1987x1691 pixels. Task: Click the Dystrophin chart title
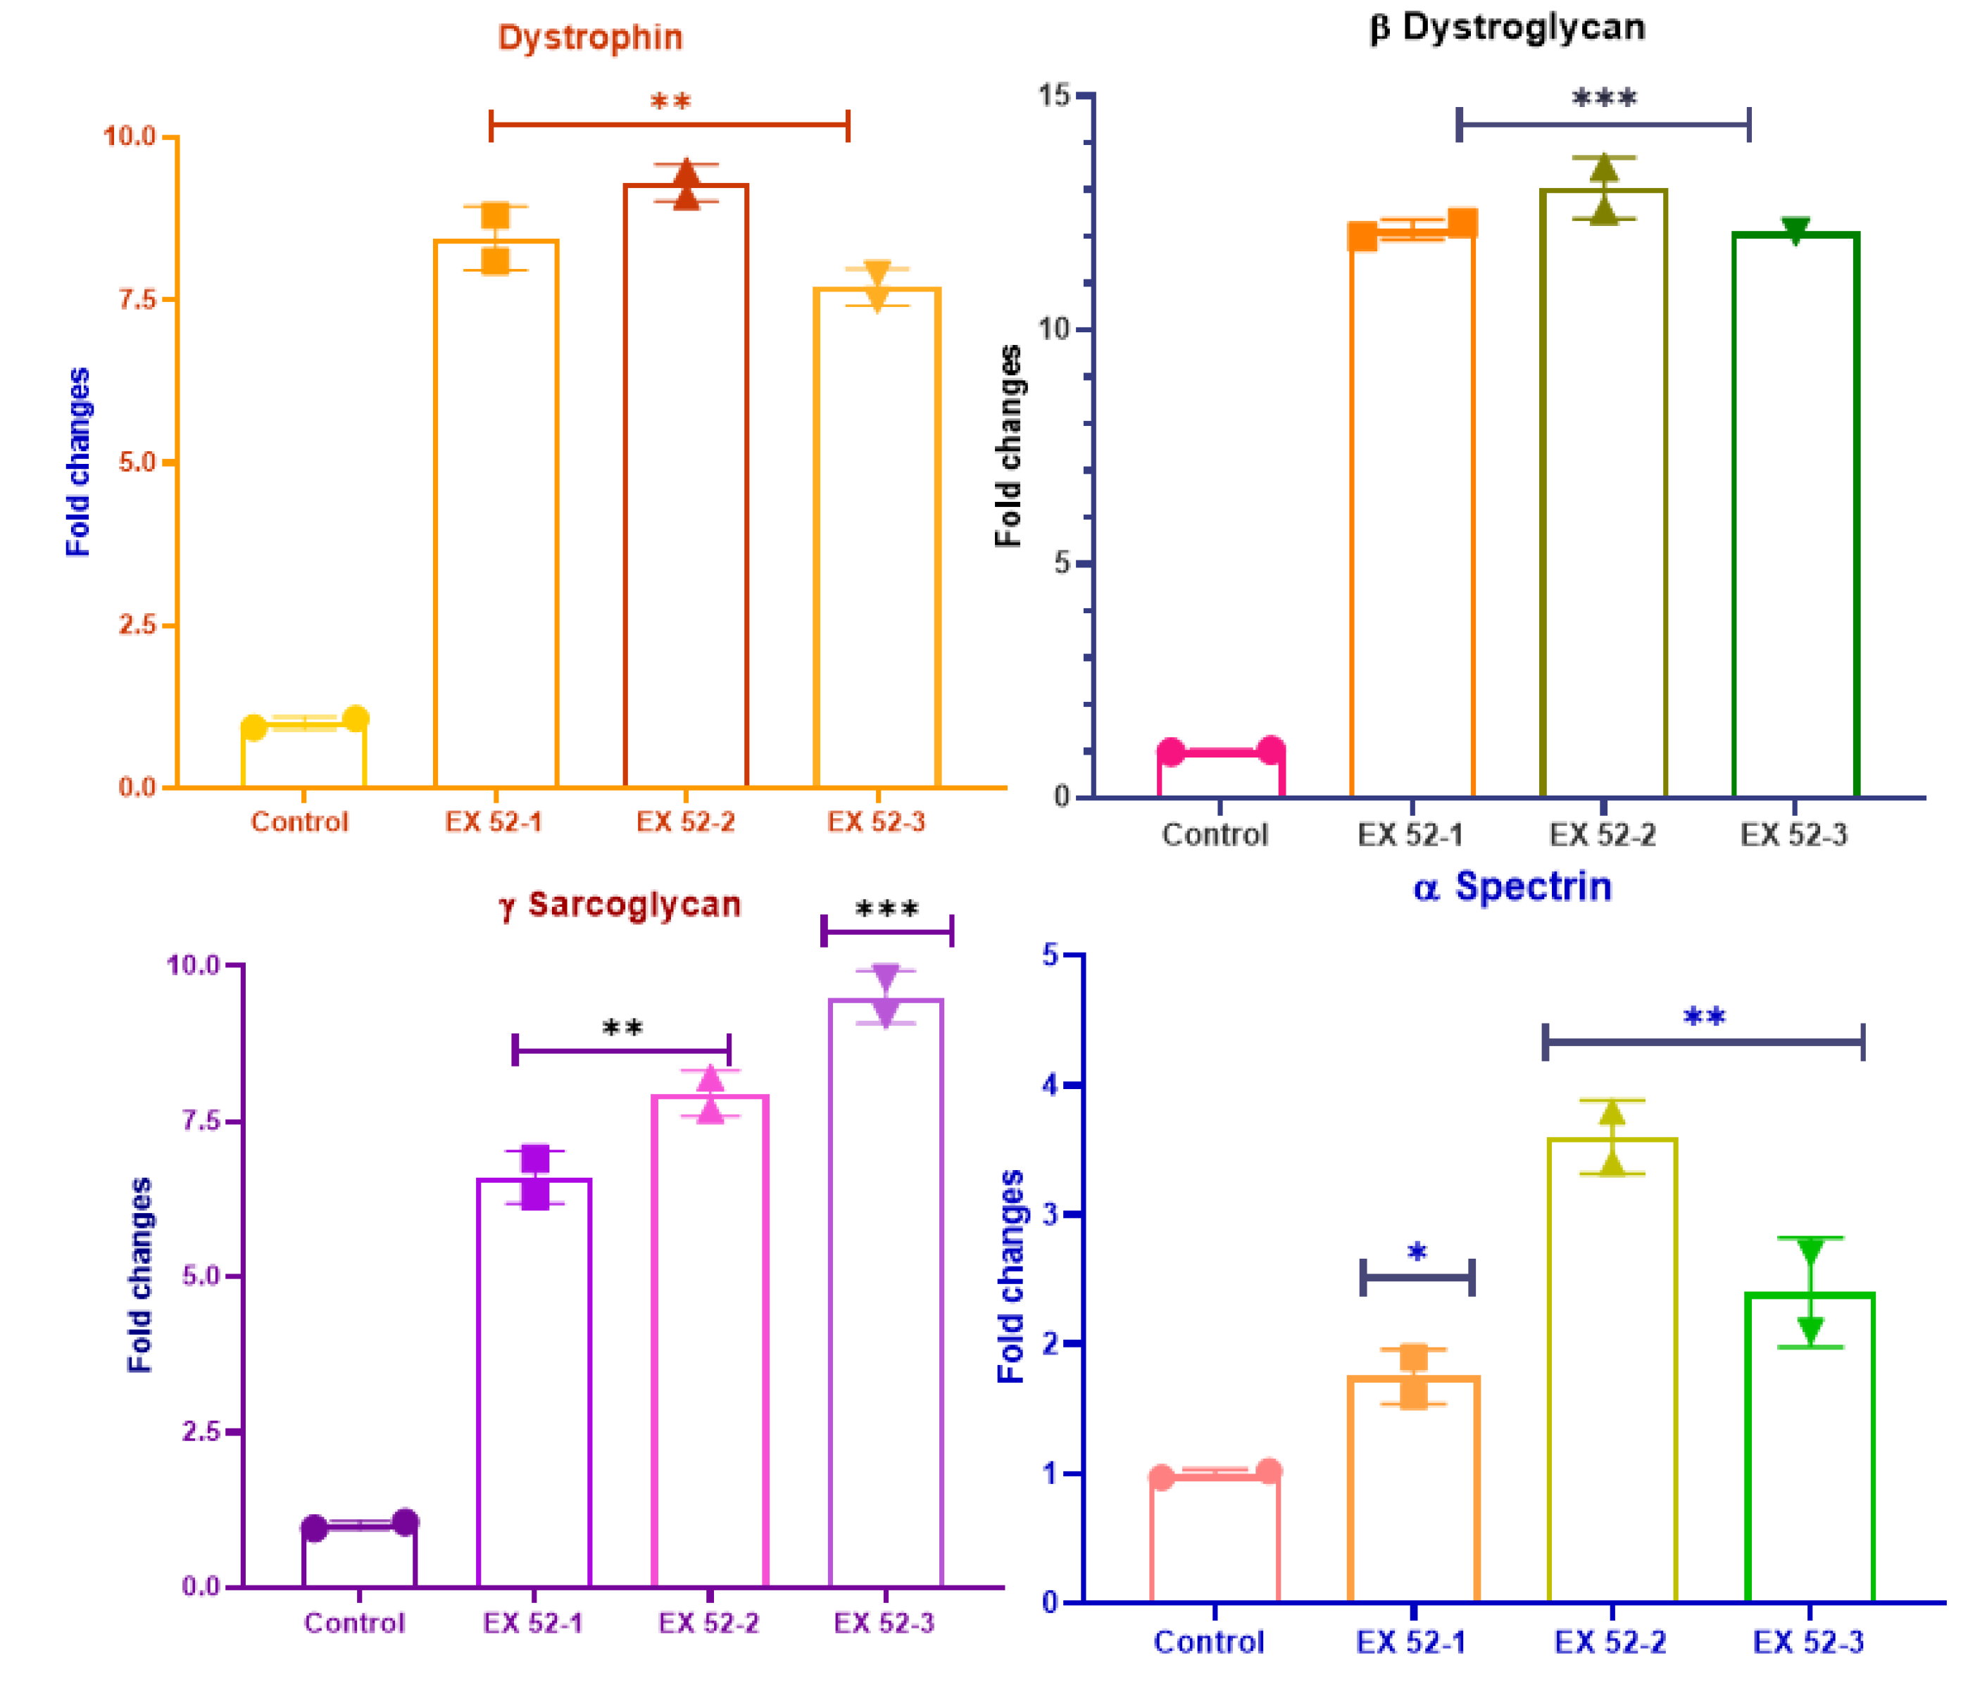(x=589, y=38)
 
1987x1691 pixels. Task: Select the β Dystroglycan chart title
(x=1506, y=27)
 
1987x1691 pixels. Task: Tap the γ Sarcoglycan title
(x=620, y=904)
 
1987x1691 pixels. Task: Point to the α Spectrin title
(x=1512, y=887)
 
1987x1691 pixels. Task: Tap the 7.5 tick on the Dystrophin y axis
(x=137, y=299)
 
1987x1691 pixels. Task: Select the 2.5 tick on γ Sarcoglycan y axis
(x=202, y=1431)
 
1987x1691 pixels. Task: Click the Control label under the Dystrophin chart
(x=299, y=822)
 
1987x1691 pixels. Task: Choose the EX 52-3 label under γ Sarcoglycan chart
(x=883, y=1622)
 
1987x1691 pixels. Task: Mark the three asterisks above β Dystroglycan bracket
(x=1603, y=98)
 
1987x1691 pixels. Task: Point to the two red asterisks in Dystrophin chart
(x=670, y=101)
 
